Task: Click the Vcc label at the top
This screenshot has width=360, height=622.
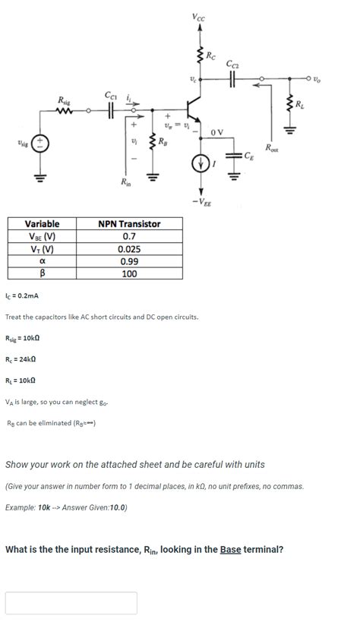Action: pos(198,17)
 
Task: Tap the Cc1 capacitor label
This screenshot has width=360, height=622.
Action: pos(111,95)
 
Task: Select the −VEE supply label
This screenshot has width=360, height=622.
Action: pos(201,203)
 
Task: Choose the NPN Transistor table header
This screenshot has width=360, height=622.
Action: pos(129,224)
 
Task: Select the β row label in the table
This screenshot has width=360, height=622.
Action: pos(43,273)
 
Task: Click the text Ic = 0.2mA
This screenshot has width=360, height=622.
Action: pos(22,295)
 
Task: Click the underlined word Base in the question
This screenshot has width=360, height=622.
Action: pos(230,549)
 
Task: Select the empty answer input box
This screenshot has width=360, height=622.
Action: pos(71,602)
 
